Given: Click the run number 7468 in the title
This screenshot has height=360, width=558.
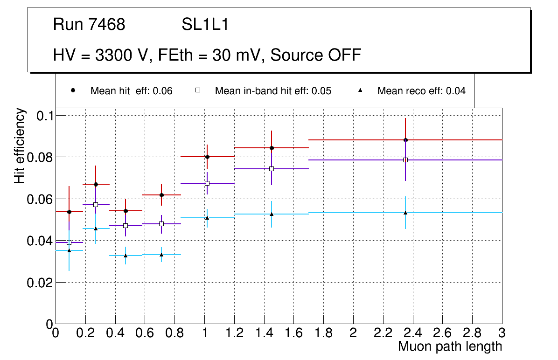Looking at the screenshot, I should (x=107, y=25).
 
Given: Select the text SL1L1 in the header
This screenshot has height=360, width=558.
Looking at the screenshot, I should (x=205, y=25).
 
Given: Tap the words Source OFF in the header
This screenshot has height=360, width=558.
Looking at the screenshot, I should (x=316, y=55).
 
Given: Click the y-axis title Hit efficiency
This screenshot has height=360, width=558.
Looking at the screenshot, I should (x=20, y=145).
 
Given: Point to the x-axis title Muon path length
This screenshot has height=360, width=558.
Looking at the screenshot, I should (x=450, y=346).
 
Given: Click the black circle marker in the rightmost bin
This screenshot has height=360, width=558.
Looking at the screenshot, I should (x=406, y=140).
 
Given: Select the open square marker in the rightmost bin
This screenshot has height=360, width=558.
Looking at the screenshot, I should (x=405, y=160).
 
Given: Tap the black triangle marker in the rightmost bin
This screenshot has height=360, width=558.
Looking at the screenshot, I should (x=405, y=213).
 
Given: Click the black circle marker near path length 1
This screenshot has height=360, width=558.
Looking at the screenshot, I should (x=207, y=157).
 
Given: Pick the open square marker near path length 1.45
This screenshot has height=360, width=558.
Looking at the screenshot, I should (x=272, y=169).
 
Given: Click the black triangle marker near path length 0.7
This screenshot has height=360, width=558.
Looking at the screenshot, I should (x=161, y=255).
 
